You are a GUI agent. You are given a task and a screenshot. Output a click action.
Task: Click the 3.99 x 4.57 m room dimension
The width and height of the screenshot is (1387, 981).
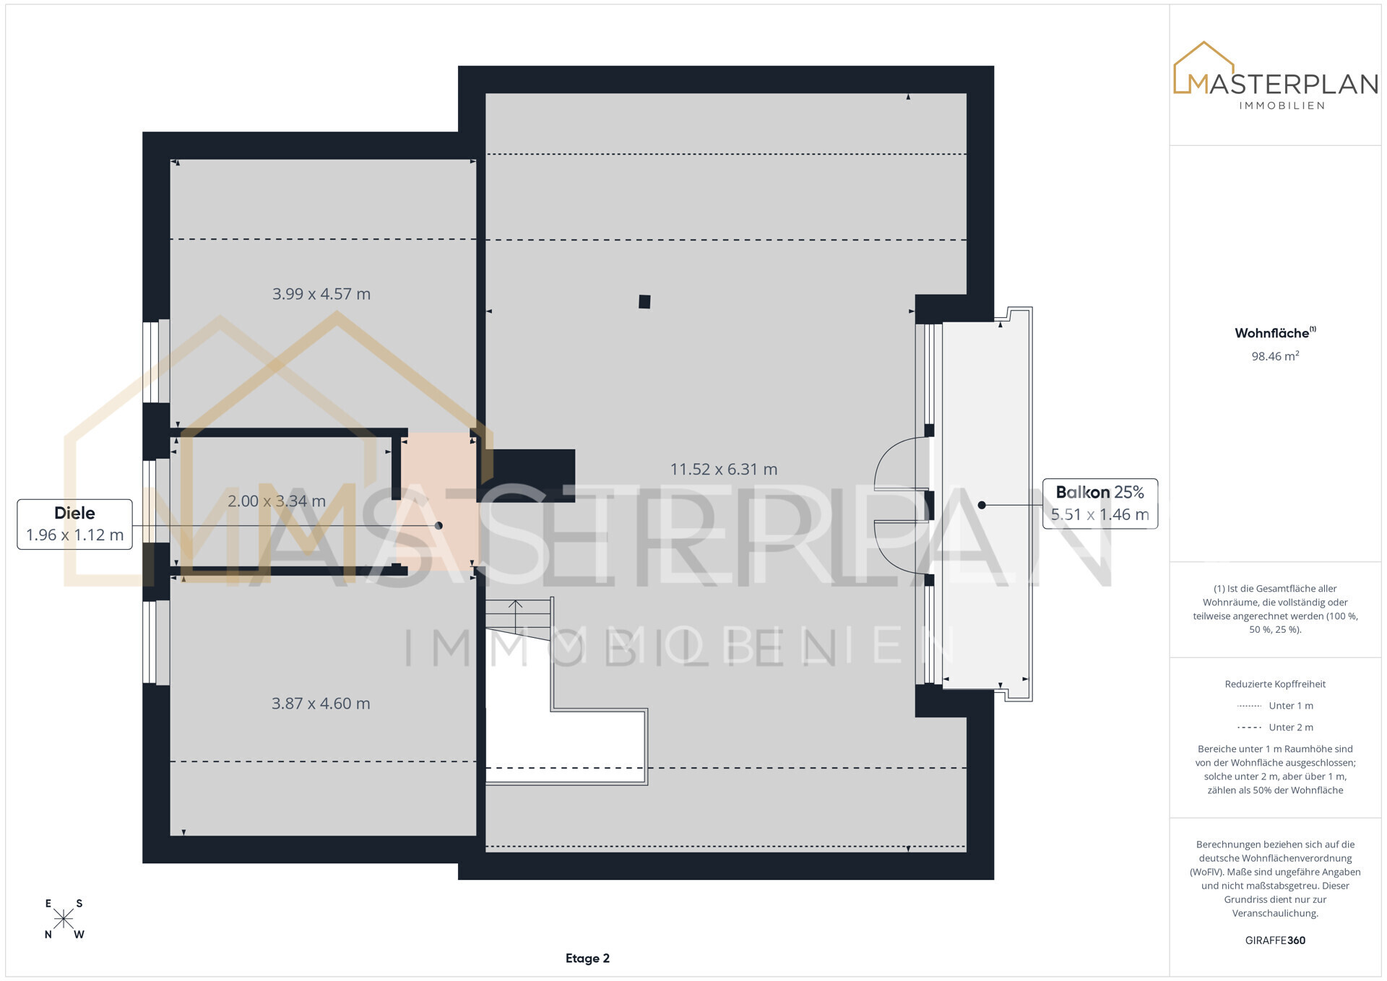321,294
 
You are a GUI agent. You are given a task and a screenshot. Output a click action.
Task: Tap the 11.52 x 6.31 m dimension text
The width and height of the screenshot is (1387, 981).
724,470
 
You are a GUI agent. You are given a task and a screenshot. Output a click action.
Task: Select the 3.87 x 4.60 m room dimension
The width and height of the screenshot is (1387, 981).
321,704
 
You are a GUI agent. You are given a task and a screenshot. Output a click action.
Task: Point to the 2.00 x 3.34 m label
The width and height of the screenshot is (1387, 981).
277,501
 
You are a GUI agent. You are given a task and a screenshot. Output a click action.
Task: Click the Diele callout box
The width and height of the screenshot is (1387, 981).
74,524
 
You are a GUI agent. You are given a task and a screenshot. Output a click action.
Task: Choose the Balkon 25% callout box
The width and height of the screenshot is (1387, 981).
1100,504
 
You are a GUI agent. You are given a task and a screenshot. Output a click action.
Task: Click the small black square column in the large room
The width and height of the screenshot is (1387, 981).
644,302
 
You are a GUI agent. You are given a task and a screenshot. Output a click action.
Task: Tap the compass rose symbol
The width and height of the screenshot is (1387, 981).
64,919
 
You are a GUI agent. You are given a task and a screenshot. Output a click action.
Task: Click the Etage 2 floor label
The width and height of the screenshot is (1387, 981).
587,959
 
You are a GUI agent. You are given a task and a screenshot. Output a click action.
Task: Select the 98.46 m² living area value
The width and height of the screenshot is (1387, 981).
1275,356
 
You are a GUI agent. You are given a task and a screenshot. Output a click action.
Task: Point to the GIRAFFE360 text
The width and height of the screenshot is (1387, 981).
1275,941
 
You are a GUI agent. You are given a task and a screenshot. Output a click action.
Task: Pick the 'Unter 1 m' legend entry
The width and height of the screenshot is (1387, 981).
1275,706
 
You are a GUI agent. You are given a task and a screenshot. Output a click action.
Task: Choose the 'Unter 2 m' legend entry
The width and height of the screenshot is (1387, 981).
1275,727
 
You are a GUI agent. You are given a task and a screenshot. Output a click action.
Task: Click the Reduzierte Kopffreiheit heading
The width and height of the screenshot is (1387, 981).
1275,684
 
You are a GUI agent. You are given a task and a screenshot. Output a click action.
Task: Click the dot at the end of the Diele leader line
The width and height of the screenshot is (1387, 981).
438,526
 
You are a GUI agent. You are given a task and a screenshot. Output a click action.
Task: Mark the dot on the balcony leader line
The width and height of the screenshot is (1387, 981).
982,505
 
